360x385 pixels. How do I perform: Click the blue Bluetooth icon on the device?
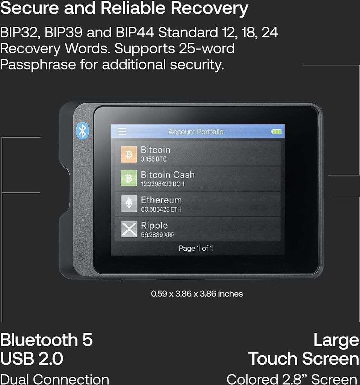(82, 131)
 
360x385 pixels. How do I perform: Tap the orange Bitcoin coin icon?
(129, 154)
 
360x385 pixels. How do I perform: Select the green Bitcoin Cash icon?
(129, 178)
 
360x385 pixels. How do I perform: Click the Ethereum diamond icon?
(129, 203)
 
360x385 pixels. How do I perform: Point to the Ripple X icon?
(129, 229)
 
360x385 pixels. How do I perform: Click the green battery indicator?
(276, 132)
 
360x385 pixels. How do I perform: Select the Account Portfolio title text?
(196, 132)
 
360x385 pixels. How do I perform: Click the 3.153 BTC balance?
(154, 159)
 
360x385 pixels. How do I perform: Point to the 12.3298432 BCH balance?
(162, 184)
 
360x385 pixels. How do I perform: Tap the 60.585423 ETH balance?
(161, 209)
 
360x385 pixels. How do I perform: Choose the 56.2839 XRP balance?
(157, 235)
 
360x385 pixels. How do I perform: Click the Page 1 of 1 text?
(196, 248)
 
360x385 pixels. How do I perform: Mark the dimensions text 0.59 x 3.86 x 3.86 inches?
(197, 294)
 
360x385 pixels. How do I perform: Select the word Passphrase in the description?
(38, 64)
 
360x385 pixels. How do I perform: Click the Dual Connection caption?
(54, 379)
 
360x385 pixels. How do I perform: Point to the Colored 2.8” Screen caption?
(292, 379)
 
